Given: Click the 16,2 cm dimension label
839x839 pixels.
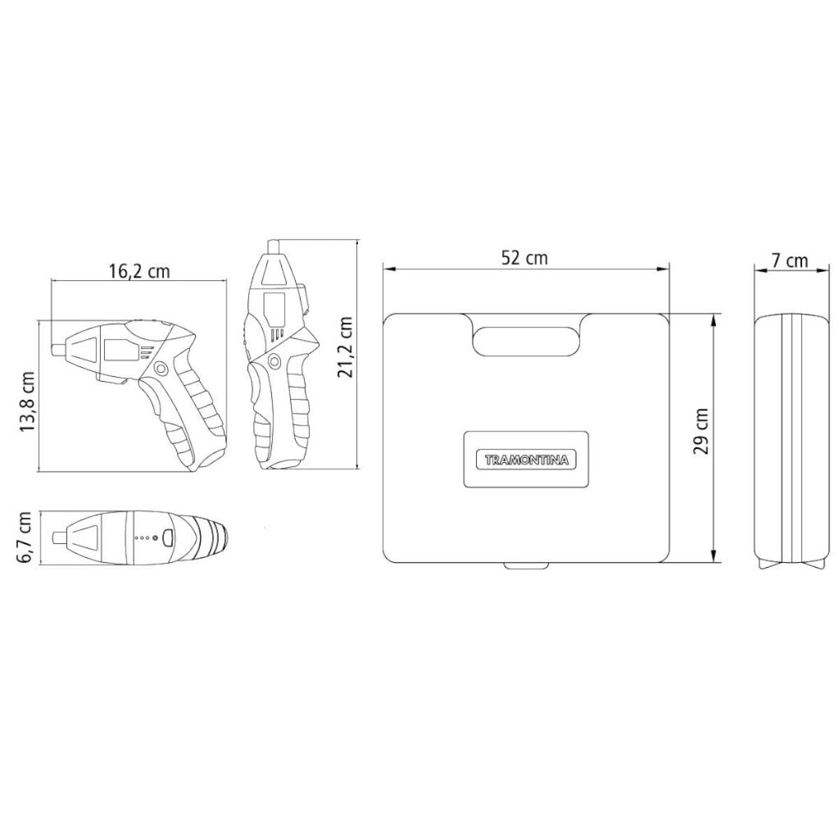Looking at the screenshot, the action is (x=139, y=271).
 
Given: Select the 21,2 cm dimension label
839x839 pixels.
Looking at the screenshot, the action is (x=345, y=347).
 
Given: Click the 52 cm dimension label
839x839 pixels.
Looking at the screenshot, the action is (x=524, y=258).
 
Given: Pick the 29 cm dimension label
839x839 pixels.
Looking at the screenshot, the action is (x=701, y=431).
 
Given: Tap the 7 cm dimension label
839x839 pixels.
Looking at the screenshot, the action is (x=790, y=261).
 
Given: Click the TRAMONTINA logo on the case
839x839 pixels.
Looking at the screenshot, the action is (x=527, y=460).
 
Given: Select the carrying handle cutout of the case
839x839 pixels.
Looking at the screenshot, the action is (x=527, y=341).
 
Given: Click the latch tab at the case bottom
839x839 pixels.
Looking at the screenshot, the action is (x=526, y=565).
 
